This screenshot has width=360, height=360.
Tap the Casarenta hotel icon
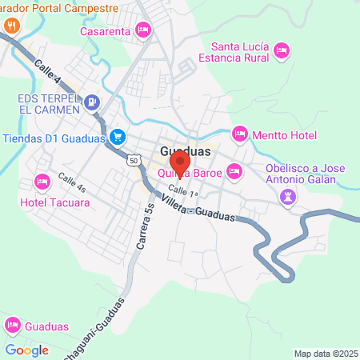pos(143,30)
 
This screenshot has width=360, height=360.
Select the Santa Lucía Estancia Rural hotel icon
pos(281,52)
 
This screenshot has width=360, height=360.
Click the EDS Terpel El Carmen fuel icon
pos(93,102)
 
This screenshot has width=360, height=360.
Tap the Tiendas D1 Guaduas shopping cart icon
pos(118,137)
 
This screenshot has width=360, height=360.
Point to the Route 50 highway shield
pos(133,161)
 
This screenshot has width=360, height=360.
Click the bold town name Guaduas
pos(186,150)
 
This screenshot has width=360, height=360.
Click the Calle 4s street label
pos(70,183)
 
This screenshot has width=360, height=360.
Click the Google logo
pos(26,350)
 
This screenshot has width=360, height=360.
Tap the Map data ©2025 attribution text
pos(326,354)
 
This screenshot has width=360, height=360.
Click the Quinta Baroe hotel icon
pos(234,170)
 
